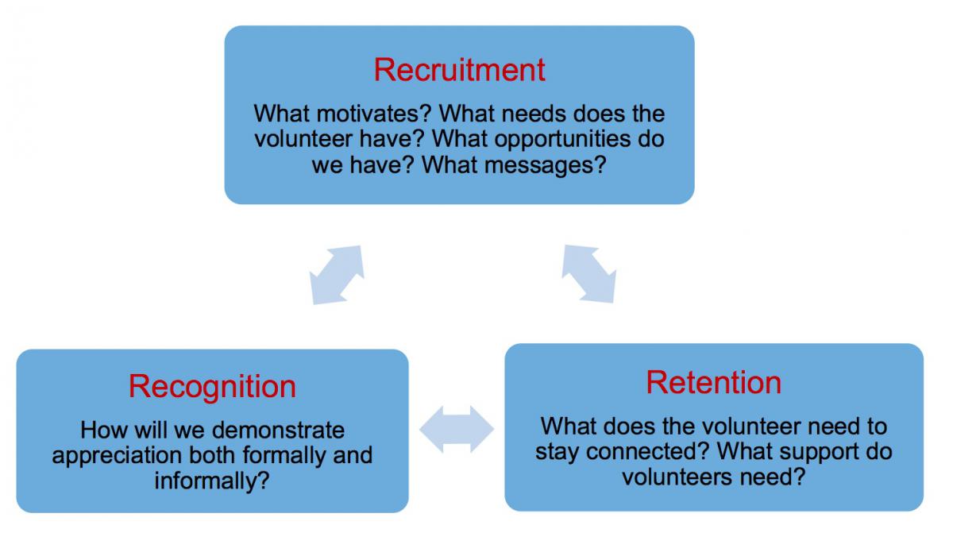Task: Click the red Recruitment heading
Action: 460,70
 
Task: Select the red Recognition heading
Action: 212,387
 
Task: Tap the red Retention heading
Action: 713,382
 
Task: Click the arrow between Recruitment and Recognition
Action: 337,275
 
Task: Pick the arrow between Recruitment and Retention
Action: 589,274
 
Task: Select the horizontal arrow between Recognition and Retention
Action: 457,429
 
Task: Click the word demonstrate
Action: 278,430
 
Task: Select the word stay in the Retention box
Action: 558,453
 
